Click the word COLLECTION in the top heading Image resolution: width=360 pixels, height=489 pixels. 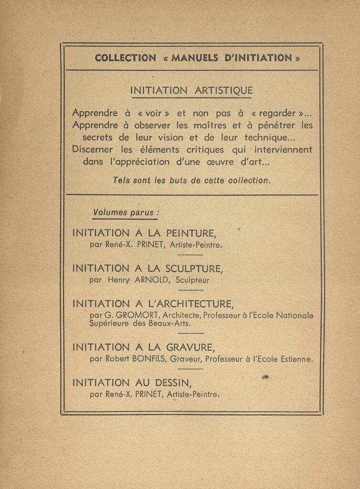[125, 58]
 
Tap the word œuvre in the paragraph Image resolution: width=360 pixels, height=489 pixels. [220, 162]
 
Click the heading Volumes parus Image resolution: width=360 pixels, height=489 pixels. [125, 213]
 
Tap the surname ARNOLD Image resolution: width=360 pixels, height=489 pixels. [152, 280]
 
